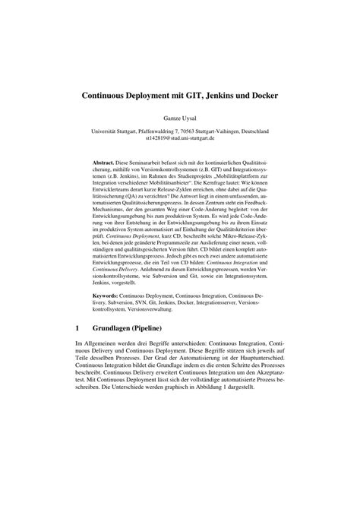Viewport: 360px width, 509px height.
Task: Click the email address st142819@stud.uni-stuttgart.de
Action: pos(180,140)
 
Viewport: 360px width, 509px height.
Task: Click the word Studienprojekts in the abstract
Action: pos(201,178)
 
